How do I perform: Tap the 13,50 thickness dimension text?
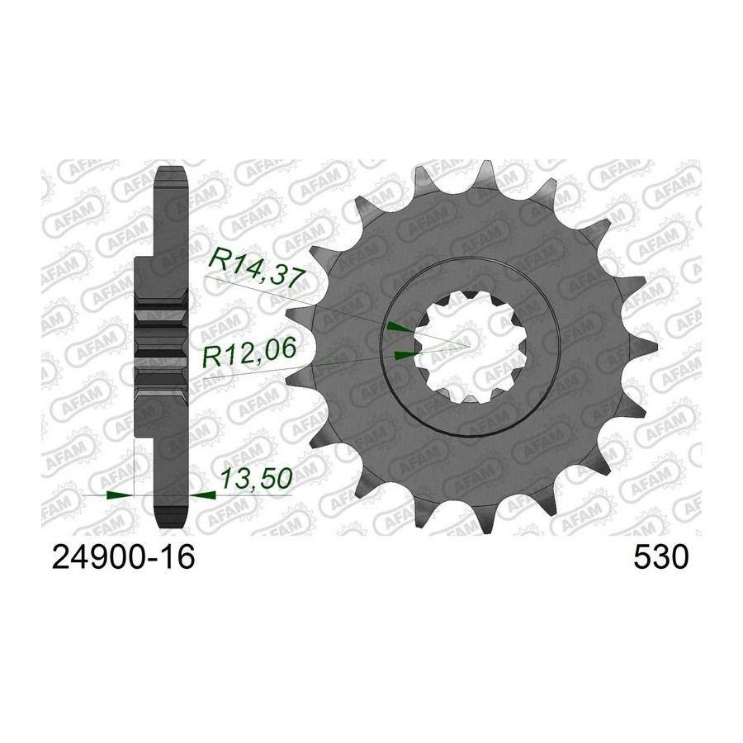click(x=256, y=479)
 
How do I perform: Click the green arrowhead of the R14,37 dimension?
click(x=400, y=326)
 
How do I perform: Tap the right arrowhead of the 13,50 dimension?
click(x=203, y=495)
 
